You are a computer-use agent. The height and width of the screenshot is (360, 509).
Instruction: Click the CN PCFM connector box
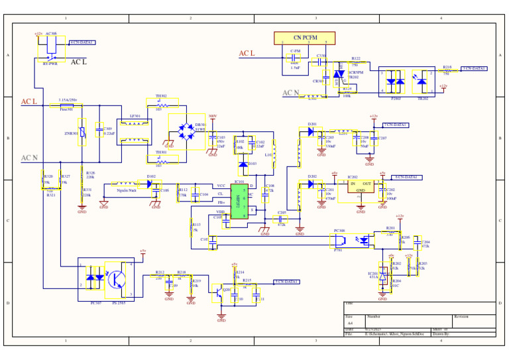304,38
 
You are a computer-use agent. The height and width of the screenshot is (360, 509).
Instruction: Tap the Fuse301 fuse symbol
66,105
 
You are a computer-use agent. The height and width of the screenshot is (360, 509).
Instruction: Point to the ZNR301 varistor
83,133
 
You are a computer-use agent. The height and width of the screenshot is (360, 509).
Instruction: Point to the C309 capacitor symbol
99,131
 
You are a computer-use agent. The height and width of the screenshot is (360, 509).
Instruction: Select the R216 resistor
447,70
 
